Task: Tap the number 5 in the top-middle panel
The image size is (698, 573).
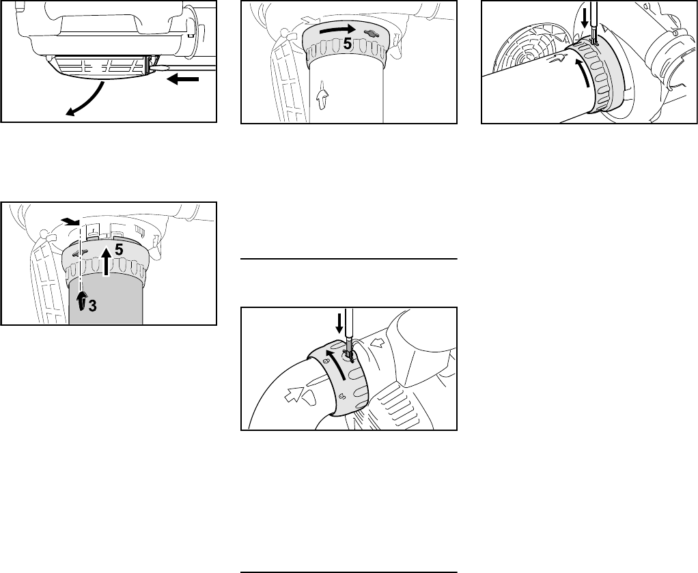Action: pyautogui.click(x=348, y=44)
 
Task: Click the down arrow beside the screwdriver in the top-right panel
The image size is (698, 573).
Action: pyautogui.click(x=585, y=18)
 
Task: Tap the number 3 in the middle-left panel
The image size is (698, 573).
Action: pyautogui.click(x=92, y=306)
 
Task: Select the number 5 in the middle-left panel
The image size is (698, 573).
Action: pyautogui.click(x=118, y=251)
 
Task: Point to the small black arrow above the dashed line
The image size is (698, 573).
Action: pyautogui.click(x=70, y=221)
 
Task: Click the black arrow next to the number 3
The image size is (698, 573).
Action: pyautogui.click(x=81, y=301)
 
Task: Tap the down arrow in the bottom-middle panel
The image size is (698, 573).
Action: pyautogui.click(x=339, y=323)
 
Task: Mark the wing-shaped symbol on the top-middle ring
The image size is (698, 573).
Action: pyautogui.click(x=370, y=33)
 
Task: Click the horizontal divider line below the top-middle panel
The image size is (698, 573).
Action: pyautogui.click(x=349, y=259)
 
